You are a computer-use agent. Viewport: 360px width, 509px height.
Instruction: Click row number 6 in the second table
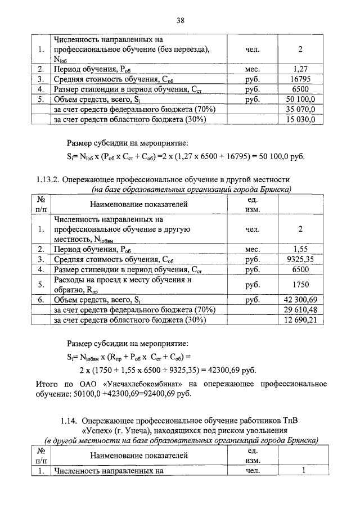(x=41, y=300)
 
